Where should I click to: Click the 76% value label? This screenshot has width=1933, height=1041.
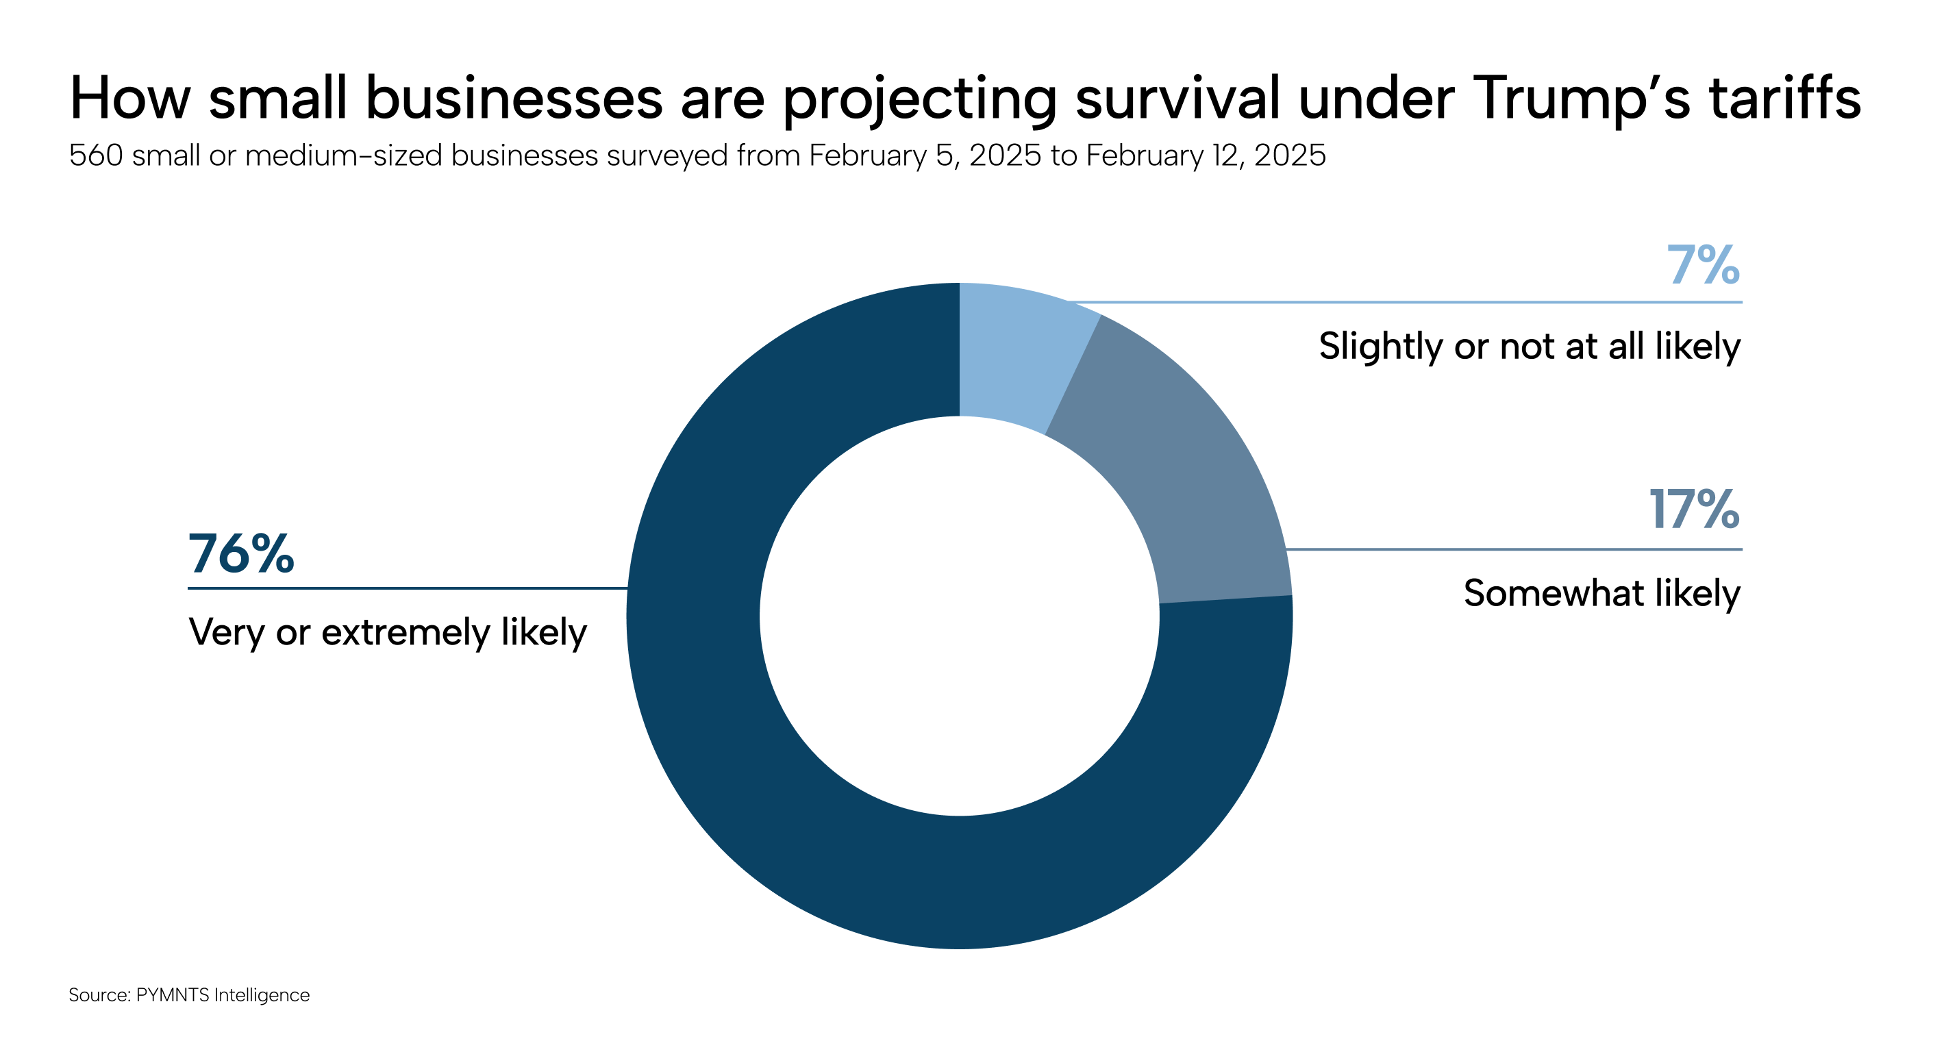[x=241, y=554]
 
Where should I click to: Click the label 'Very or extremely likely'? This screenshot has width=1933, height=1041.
[x=387, y=632]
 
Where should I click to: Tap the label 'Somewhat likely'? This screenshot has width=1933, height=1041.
[x=1601, y=593]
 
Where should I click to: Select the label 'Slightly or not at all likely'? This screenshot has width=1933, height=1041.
[x=1530, y=346]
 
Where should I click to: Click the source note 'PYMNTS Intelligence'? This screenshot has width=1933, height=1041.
[x=222, y=995]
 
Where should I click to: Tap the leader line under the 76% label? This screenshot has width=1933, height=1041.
[x=406, y=588]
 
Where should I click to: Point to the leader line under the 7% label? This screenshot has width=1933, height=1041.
[x=1425, y=303]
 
